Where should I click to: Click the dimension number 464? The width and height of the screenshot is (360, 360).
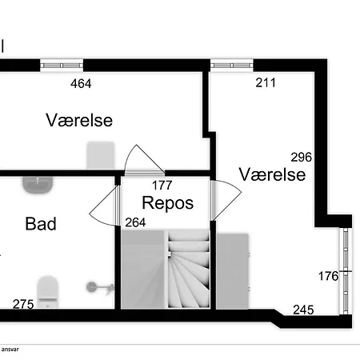pyautogui.click(x=81, y=83)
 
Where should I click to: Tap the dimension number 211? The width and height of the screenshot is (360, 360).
pyautogui.click(x=266, y=82)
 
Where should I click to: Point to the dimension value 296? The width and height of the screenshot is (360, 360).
pyautogui.click(x=301, y=157)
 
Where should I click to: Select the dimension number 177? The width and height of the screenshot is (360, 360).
pyautogui.click(x=162, y=186)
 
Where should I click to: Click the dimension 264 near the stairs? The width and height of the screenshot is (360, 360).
pyautogui.click(x=135, y=222)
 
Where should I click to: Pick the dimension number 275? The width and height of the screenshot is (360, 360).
pyautogui.click(x=23, y=304)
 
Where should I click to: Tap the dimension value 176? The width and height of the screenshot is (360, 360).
pyautogui.click(x=328, y=276)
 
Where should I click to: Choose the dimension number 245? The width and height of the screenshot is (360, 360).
pyautogui.click(x=303, y=310)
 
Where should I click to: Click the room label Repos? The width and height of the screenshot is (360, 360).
pyautogui.click(x=168, y=204)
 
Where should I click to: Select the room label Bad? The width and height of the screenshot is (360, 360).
pyautogui.click(x=41, y=224)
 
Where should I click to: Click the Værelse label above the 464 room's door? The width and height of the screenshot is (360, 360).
pyautogui.click(x=79, y=120)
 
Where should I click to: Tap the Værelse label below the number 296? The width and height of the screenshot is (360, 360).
pyautogui.click(x=272, y=174)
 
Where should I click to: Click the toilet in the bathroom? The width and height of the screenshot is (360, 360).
pyautogui.click(x=47, y=292)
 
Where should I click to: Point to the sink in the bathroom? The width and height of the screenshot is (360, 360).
pyautogui.click(x=38, y=185)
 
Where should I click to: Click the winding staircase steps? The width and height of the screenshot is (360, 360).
pyautogui.click(x=188, y=270)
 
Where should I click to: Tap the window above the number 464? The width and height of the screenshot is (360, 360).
pyautogui.click(x=62, y=66)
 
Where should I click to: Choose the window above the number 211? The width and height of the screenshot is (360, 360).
pyautogui.click(x=232, y=66)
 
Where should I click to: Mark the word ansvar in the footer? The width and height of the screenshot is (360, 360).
pyautogui.click(x=10, y=350)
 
